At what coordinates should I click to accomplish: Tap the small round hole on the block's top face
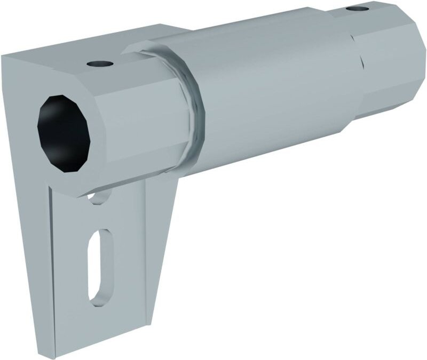tap(100, 64)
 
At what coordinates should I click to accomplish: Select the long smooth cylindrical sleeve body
tap(267, 91)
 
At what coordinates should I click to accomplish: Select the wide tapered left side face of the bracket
tap(24, 213)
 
